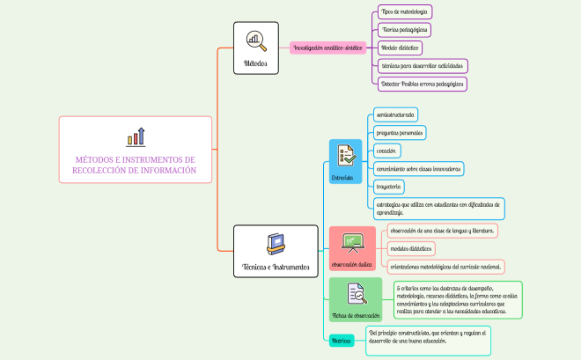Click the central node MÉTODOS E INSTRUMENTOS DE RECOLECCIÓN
point(135,150)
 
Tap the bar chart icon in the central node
point(136,136)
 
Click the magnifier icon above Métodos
point(255,40)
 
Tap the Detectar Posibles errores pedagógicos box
point(421,84)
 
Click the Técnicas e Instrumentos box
point(276,251)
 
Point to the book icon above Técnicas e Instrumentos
point(276,241)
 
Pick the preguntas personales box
point(399,133)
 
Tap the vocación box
point(387,151)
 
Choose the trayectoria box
point(389,187)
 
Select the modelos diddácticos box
point(411,249)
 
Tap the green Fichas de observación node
point(356,300)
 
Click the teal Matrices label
point(341,340)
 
